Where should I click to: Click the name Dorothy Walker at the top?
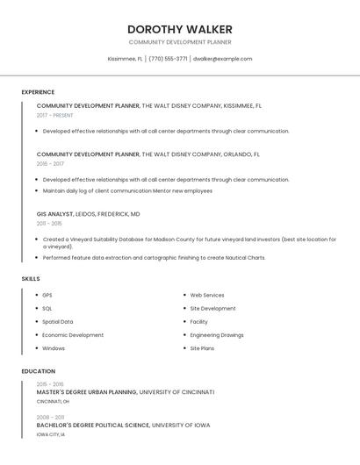coord(179,29)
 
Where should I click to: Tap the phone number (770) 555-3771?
coord(168,59)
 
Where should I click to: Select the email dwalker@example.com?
coord(222,59)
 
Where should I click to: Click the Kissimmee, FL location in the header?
coord(125,59)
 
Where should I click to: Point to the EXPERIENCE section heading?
coord(38,92)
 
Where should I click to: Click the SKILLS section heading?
coord(31,279)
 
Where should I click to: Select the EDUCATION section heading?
coord(39,371)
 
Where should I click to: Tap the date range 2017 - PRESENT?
coord(54,115)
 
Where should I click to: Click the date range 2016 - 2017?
coord(50,163)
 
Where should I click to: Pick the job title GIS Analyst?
coord(54,213)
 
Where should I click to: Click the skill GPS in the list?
coord(47,296)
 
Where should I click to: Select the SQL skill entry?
coord(47,309)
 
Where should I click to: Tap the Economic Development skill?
coord(73,335)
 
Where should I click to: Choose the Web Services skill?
coord(207,296)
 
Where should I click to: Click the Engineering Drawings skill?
coord(217,335)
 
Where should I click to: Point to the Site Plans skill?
coord(202,348)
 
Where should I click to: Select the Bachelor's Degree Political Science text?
coord(93,426)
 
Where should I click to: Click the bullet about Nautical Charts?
coord(154,258)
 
